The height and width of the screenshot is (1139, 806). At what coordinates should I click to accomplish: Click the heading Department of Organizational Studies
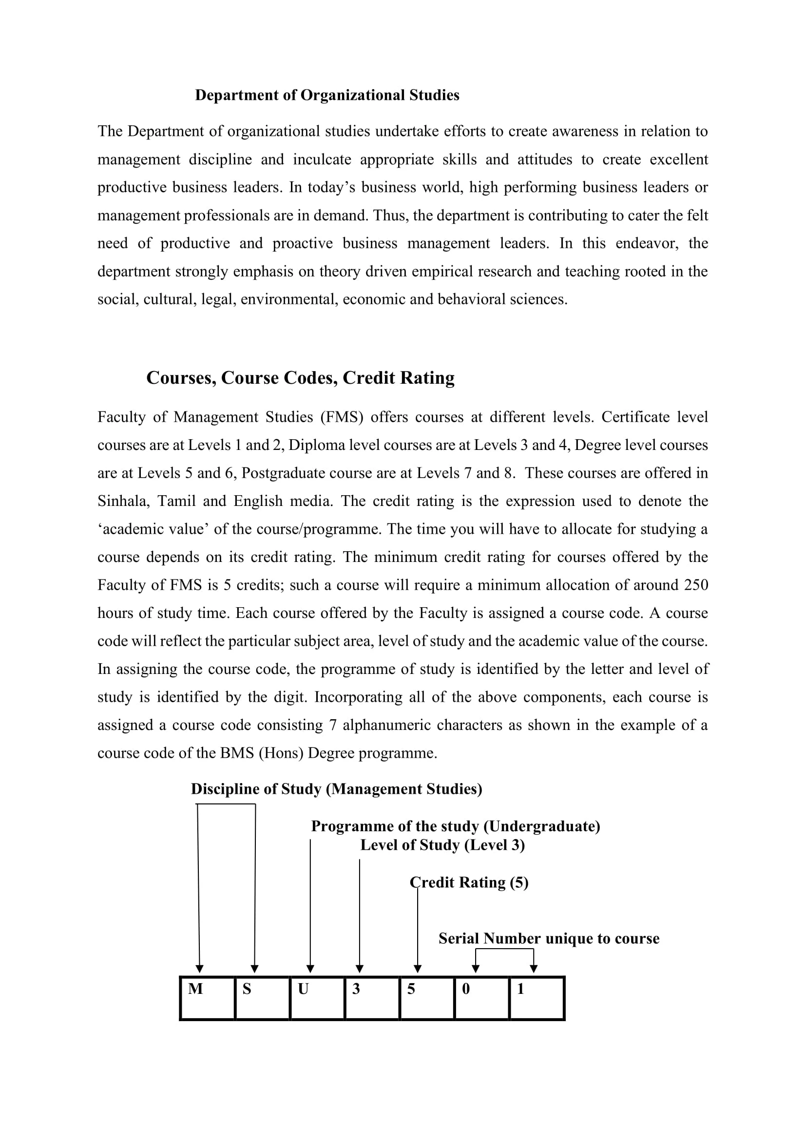tap(327, 95)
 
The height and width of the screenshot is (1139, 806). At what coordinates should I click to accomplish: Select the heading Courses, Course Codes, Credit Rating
tap(300, 377)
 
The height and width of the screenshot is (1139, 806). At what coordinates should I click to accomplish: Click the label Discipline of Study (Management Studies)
tap(337, 789)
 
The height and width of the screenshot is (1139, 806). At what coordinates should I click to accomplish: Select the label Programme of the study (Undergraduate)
tap(456, 826)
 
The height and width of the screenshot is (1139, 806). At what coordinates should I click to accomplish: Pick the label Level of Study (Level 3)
tap(442, 845)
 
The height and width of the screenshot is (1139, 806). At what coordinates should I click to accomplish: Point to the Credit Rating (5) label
tap(469, 882)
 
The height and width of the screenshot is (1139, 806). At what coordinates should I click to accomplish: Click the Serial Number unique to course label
tap(549, 938)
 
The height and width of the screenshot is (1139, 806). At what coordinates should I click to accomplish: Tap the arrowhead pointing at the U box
tap(310, 969)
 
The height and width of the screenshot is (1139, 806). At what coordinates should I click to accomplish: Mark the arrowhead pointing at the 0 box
tap(476, 969)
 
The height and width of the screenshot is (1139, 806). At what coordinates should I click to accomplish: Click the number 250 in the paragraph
tap(696, 585)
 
